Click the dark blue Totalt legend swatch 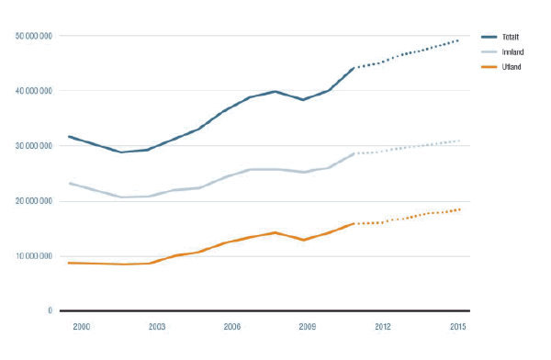(x=488, y=37)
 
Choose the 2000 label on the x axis (x=82, y=326)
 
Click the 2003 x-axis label (x=157, y=326)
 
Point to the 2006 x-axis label (x=232, y=326)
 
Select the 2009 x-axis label (x=308, y=326)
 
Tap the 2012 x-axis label (x=383, y=326)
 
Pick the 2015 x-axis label (x=458, y=326)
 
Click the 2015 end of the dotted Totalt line (x=458, y=39)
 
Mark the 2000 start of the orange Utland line (x=70, y=263)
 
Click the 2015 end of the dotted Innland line (x=458, y=141)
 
